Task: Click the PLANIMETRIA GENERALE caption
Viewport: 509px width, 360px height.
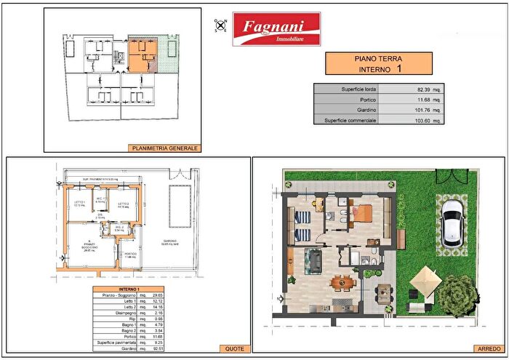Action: (x=164, y=148)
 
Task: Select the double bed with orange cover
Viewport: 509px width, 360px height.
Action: (x=361, y=215)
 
